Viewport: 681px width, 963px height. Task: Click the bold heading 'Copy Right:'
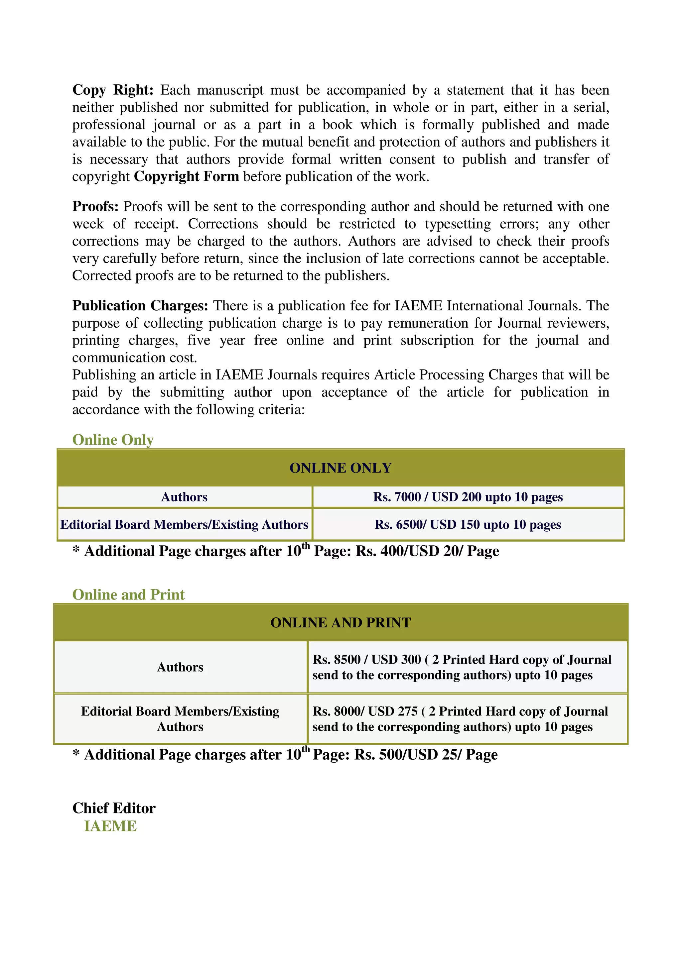point(112,90)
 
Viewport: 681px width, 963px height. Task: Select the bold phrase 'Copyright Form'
point(186,176)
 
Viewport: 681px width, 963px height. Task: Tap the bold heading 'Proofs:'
point(95,206)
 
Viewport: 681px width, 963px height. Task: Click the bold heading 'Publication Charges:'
point(140,305)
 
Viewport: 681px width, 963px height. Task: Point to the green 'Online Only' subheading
point(113,440)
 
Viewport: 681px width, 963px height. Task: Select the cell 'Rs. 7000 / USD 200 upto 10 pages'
point(468,497)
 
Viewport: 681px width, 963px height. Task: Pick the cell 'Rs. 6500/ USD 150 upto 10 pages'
point(468,525)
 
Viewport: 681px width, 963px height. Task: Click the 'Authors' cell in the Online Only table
point(184,497)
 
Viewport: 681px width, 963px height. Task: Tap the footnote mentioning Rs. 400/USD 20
point(286,551)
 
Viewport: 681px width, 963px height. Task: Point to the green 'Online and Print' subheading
point(128,594)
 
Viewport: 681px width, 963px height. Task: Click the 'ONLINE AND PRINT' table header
point(340,622)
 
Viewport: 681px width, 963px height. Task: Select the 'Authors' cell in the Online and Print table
point(180,667)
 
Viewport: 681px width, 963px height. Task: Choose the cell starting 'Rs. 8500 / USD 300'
point(462,667)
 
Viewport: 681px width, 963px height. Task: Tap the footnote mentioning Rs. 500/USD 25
point(285,755)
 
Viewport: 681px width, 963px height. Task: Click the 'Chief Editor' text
point(114,808)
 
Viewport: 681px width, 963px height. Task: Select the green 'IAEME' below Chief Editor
point(110,826)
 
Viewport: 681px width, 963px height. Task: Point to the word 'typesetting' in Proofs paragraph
point(457,224)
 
